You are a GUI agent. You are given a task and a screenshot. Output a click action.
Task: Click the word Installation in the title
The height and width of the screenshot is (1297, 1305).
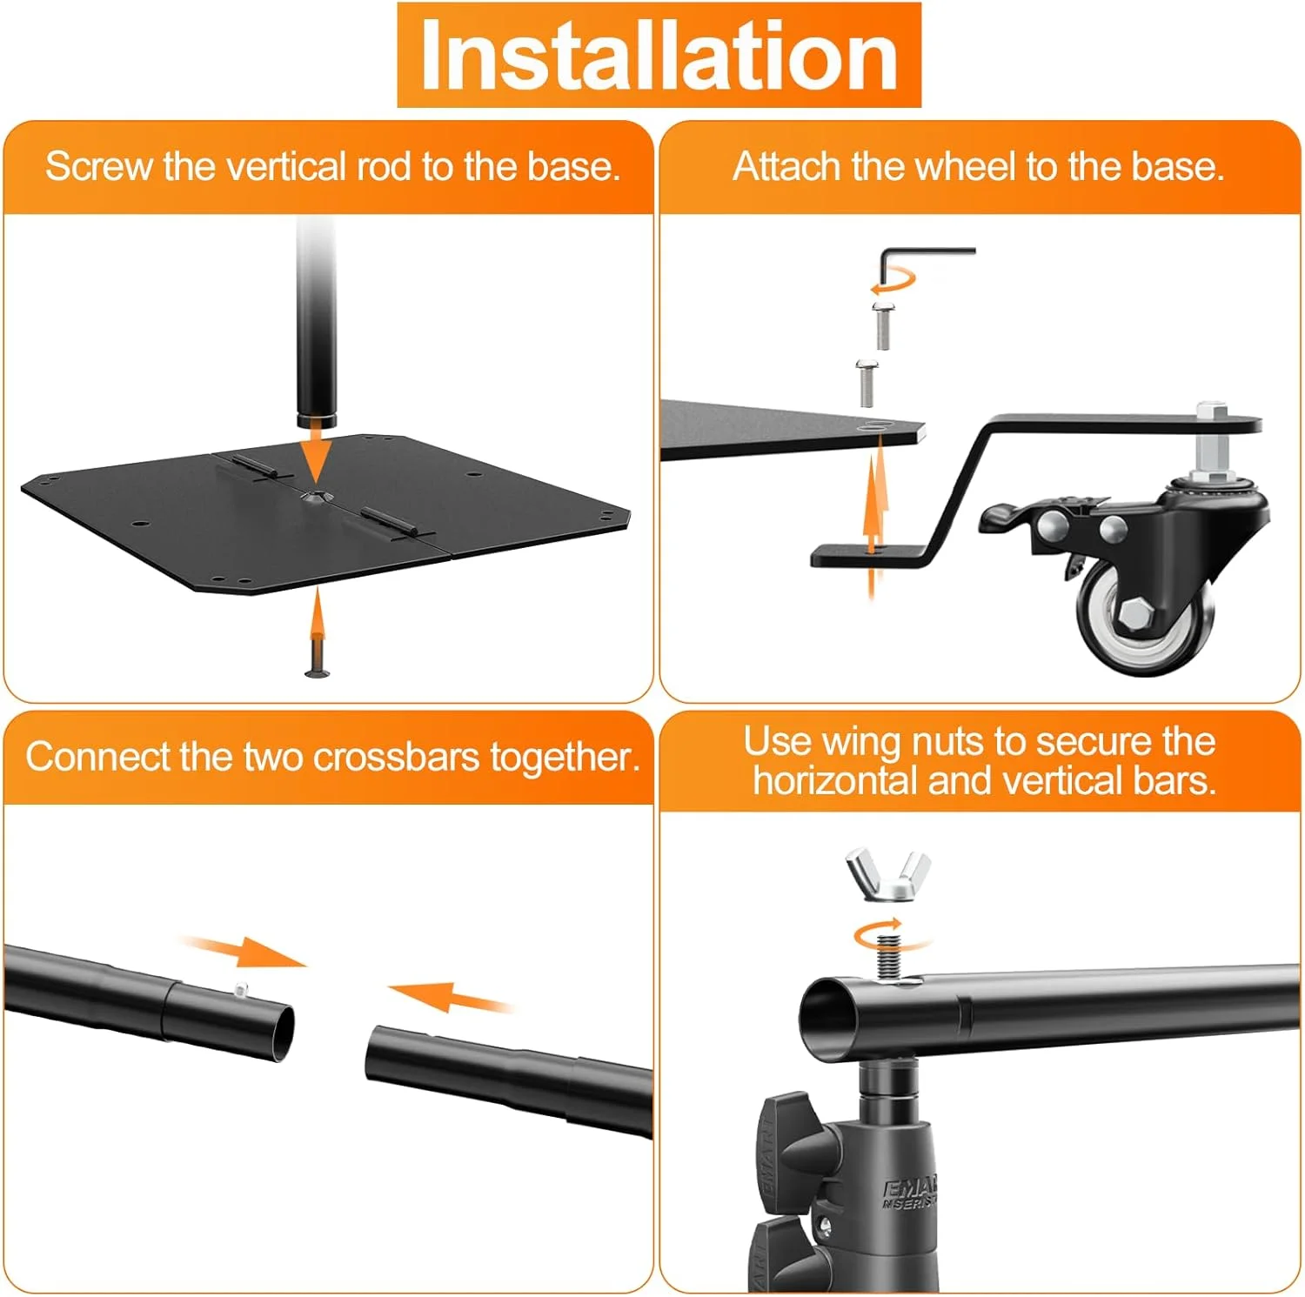coord(659,55)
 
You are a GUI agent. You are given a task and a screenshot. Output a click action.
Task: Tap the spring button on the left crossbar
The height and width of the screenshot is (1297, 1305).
coord(241,988)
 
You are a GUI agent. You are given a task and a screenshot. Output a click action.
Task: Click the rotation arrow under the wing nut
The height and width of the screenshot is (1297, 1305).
coord(887,935)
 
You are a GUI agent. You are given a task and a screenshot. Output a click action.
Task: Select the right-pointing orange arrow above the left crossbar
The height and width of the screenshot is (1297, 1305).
coord(244,951)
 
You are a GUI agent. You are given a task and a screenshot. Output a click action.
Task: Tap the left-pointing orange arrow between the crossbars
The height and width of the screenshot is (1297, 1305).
coord(449,998)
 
